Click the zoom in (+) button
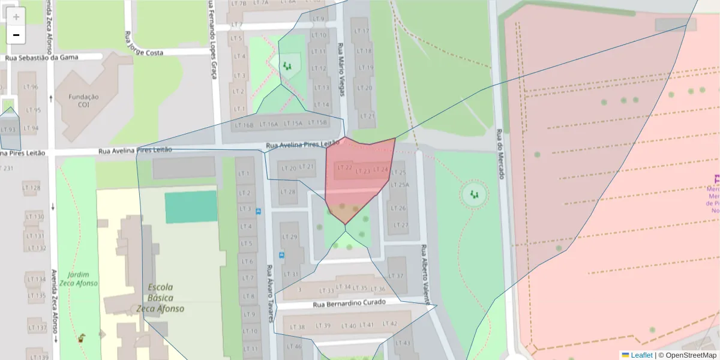coord(16,17)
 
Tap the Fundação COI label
coord(84,101)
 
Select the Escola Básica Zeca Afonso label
coord(160,298)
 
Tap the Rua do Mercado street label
coord(499,155)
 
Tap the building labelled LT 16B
coord(244,125)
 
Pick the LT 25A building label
coord(399,184)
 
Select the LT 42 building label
coord(389,324)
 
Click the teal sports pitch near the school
coord(191,206)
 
